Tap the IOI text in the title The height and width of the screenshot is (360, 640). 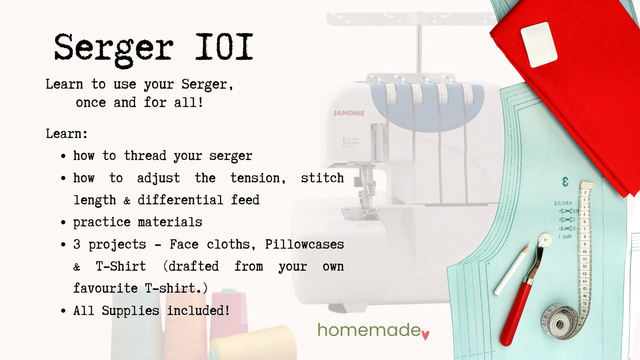coord(224,47)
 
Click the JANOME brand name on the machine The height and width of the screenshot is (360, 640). coord(348,113)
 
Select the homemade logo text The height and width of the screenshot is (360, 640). coord(369,330)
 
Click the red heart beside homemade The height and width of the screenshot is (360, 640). coord(426,335)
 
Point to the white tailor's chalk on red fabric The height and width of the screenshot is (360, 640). coord(539,44)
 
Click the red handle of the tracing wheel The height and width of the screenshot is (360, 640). coord(516,313)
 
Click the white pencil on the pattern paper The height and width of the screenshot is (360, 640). coord(512,270)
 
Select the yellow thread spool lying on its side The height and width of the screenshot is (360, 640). coord(253,343)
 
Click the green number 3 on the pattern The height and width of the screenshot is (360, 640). coord(565,182)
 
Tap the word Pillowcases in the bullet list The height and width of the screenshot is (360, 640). coord(304,244)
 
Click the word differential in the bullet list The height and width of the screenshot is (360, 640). coord(180,200)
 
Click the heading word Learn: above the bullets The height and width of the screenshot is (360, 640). coord(66,134)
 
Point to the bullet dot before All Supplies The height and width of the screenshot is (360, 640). coord(64,311)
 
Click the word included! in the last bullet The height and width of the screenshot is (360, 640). coord(198,310)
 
